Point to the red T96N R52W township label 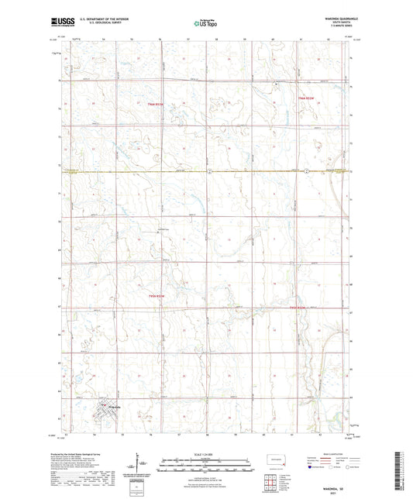(x=308, y=98)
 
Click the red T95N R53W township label (x=157, y=296)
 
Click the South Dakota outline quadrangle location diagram (x=275, y=460)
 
